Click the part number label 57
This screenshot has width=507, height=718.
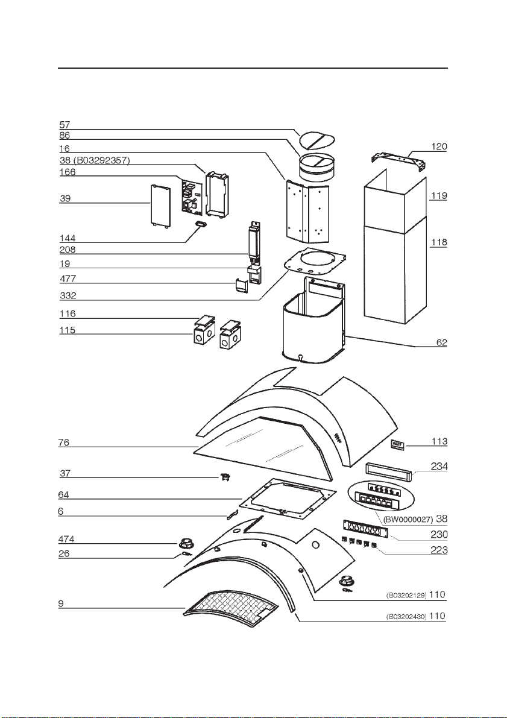65,125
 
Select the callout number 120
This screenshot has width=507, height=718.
439,146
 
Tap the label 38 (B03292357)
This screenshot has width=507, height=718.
95,160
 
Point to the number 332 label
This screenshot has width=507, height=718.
68,295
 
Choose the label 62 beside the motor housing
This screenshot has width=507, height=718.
441,342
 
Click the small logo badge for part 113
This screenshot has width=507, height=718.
397,444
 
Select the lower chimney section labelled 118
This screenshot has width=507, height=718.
395,267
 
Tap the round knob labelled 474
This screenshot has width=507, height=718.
186,544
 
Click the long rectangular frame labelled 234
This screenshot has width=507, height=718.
389,470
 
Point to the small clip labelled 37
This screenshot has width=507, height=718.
224,477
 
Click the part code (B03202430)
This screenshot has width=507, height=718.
406,617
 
